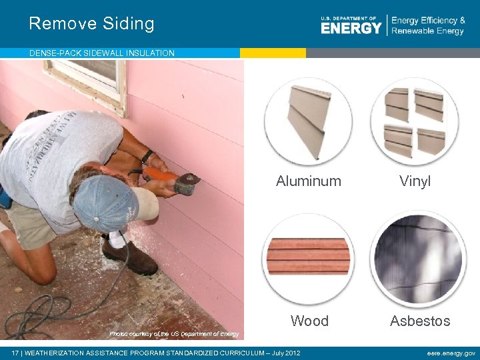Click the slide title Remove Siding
(91, 24)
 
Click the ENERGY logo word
(351, 27)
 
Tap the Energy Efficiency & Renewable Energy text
(427, 26)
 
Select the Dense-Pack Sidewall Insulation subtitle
(102, 53)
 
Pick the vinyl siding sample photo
(414, 121)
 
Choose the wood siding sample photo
(308, 257)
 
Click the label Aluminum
(309, 181)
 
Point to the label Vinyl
(415, 181)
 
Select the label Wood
(309, 321)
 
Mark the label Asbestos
(420, 321)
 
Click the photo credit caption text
(173, 333)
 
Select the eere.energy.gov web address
(451, 353)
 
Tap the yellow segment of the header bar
(273, 53)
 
